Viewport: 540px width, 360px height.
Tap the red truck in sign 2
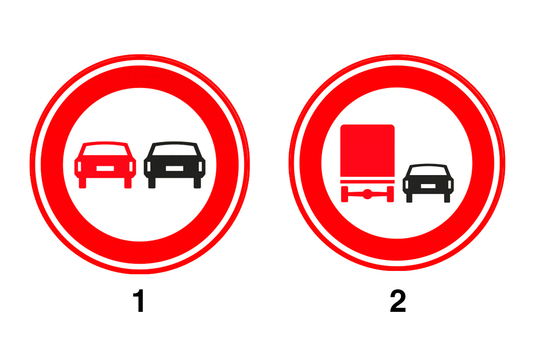click(367, 163)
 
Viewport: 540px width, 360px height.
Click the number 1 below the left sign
click(139, 301)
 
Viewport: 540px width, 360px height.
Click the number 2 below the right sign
click(398, 301)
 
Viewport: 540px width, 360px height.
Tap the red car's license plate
click(105, 168)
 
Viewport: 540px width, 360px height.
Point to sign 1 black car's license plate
click(175, 168)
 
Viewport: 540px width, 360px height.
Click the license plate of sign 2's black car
click(428, 186)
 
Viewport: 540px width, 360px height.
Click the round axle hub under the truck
click(367, 194)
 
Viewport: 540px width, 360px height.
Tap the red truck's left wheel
click(345, 194)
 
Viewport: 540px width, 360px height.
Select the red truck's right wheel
click(390, 194)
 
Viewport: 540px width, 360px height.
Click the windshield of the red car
click(105, 150)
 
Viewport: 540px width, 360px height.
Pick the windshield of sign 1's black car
click(175, 150)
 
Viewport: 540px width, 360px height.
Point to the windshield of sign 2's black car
click(428, 171)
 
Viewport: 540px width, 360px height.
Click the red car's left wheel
click(82, 183)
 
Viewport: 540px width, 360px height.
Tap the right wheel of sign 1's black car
click(197, 183)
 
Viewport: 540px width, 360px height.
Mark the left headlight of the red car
click(80, 166)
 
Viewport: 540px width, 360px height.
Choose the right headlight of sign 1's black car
click(200, 166)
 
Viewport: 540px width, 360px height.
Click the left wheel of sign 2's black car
click(409, 198)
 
